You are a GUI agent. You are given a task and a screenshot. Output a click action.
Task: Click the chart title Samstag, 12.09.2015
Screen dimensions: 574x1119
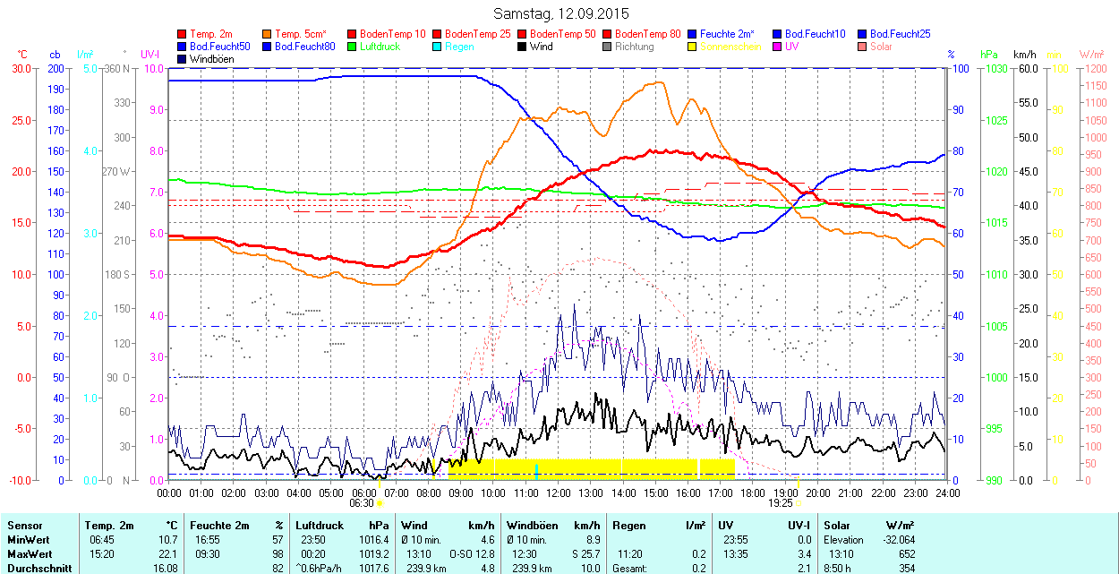click(561, 13)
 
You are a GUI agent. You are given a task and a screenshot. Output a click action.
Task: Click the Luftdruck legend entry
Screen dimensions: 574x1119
click(374, 47)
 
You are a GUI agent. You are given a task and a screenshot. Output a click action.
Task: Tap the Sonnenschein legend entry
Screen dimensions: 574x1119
click(730, 47)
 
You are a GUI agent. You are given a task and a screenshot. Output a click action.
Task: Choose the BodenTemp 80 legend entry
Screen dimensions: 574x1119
click(646, 34)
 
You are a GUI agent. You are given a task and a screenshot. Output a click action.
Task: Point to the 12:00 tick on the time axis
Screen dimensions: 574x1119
click(559, 493)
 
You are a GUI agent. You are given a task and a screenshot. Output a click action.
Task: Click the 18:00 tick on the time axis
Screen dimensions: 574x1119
click(753, 493)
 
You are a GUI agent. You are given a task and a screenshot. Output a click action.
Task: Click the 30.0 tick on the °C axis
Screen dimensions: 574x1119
click(19, 68)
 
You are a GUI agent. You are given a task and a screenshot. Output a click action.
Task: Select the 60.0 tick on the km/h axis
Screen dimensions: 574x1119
click(1026, 68)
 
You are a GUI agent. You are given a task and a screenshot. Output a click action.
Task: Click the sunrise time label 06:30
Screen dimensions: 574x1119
click(361, 503)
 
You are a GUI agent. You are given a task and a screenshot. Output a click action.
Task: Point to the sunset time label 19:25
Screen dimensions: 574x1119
click(781, 503)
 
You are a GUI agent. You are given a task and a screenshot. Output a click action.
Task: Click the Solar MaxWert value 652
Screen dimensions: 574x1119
click(906, 553)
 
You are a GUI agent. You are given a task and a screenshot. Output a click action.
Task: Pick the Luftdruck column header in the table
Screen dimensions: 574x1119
click(320, 526)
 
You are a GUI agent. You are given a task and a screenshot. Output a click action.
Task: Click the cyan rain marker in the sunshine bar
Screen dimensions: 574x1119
click(536, 471)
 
